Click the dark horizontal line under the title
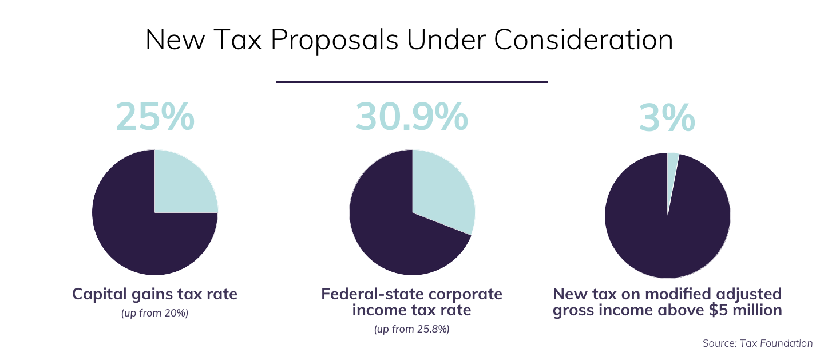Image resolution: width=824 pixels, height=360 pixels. point(411,82)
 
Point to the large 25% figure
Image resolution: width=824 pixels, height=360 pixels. point(155,116)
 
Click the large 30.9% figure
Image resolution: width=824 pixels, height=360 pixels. point(411,116)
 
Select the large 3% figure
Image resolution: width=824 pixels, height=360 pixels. point(667,116)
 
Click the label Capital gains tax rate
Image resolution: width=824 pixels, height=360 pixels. point(154,294)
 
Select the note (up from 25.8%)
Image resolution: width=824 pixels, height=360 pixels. point(411,329)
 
